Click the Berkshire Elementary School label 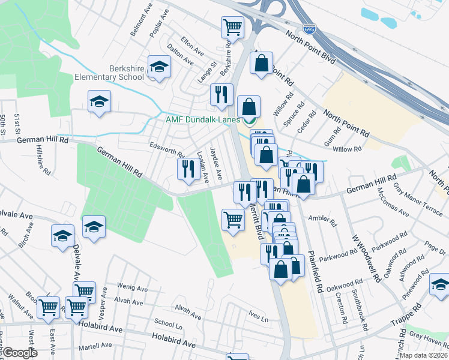(x=109, y=73)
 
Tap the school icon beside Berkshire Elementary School (x=159, y=67)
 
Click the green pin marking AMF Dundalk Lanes (x=252, y=119)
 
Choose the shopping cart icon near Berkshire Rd (x=232, y=27)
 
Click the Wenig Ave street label (x=133, y=289)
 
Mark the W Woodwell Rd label (x=367, y=258)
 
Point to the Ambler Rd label (x=322, y=219)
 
